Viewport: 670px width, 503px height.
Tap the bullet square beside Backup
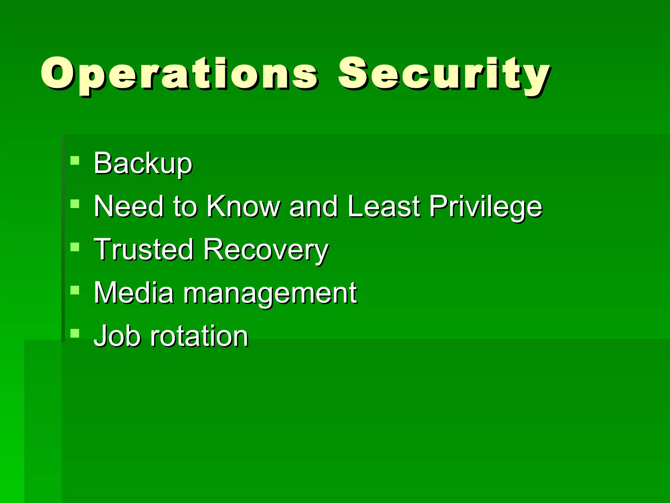point(75,160)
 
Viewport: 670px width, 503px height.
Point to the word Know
point(243,206)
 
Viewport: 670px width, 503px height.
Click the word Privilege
point(485,207)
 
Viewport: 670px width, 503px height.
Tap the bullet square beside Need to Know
point(75,204)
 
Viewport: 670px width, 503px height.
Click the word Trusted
point(143,250)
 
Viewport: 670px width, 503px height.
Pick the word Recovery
point(265,250)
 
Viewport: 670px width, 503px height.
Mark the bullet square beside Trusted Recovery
point(75,247)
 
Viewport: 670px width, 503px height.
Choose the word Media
point(133,293)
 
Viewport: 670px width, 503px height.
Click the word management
point(270,293)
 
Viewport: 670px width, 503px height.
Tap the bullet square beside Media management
point(75,290)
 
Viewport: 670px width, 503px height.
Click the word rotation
point(199,336)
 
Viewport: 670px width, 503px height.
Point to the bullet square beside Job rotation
point(75,333)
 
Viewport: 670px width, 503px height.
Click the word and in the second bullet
point(313,206)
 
